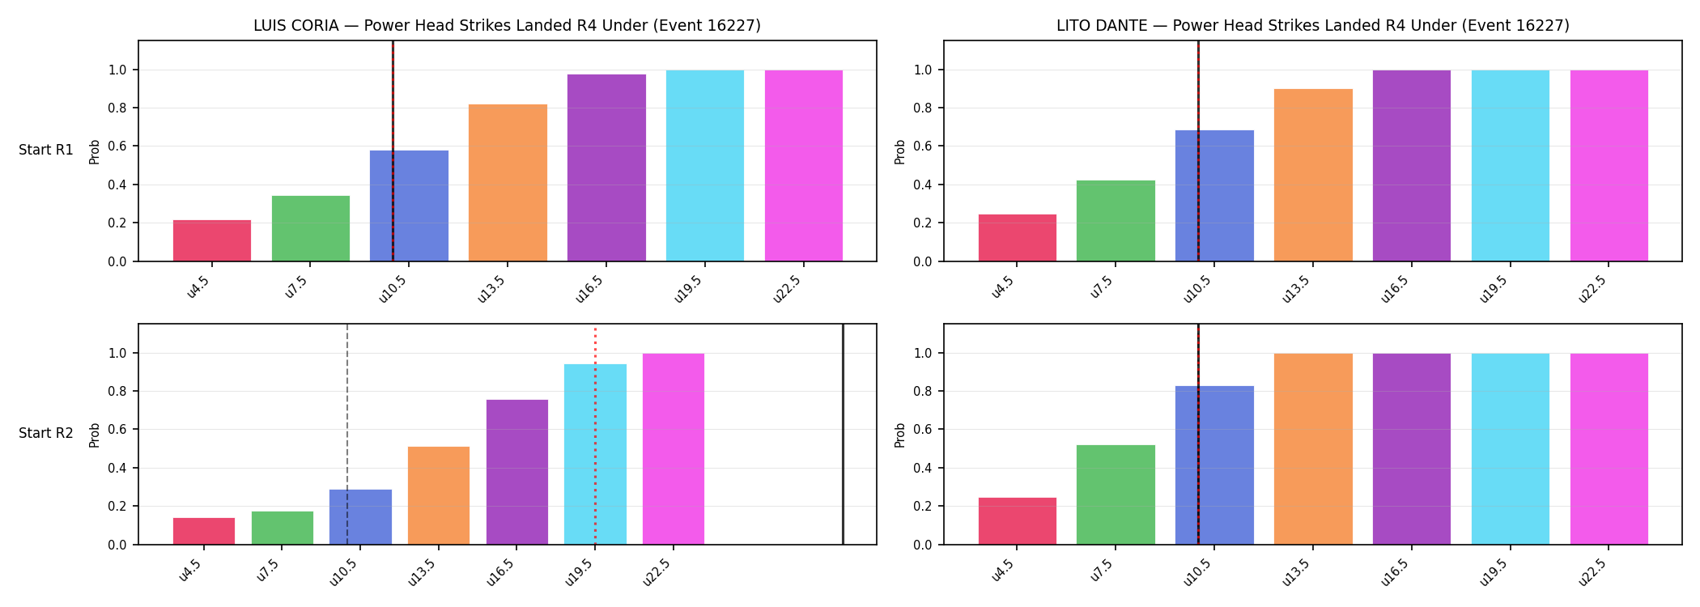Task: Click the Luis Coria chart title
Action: [x=507, y=25]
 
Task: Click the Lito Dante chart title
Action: [x=1312, y=25]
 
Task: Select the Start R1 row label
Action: [x=46, y=150]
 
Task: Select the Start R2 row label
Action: [x=46, y=433]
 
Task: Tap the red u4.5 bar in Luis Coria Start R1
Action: [x=212, y=240]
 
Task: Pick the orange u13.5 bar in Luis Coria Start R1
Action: [x=508, y=183]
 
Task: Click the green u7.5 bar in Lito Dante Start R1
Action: [x=1116, y=221]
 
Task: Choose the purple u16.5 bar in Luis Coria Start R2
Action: [x=517, y=472]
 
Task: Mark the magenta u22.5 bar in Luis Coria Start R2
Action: [x=674, y=449]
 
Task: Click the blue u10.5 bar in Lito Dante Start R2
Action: [x=1214, y=465]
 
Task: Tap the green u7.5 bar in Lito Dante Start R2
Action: [x=1116, y=495]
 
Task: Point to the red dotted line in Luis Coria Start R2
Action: [x=595, y=436]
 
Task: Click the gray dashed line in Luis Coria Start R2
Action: [x=347, y=435]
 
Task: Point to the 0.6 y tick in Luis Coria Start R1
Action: [x=117, y=146]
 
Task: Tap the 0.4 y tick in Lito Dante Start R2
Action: [x=922, y=468]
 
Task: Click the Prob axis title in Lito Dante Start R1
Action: [x=900, y=151]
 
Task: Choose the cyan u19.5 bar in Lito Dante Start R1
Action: [x=1511, y=166]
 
